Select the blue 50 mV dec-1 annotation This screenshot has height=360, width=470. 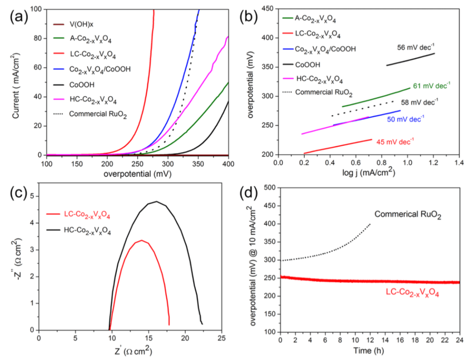click(x=397, y=118)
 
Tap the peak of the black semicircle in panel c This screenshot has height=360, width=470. click(x=156, y=202)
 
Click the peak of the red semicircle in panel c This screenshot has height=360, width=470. click(x=141, y=240)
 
